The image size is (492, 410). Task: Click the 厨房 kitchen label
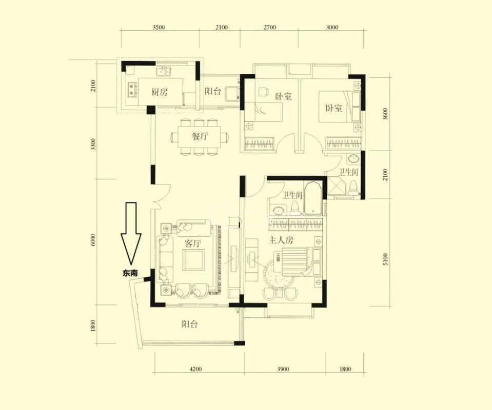(x=160, y=92)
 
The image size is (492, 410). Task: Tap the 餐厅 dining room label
(x=200, y=137)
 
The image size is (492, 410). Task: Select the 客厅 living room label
(x=193, y=243)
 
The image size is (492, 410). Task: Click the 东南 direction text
(x=130, y=273)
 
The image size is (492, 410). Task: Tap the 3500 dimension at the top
(x=159, y=27)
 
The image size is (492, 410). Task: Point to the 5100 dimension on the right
(x=386, y=259)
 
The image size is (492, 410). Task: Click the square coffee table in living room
(x=193, y=260)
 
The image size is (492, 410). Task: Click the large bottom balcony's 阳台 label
(x=189, y=324)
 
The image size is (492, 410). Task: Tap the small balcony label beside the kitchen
(x=213, y=92)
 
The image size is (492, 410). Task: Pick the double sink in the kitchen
(x=163, y=72)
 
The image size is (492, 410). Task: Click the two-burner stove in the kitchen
(x=132, y=89)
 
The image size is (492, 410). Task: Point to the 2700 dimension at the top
(x=269, y=27)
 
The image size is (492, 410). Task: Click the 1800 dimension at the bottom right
(x=345, y=369)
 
